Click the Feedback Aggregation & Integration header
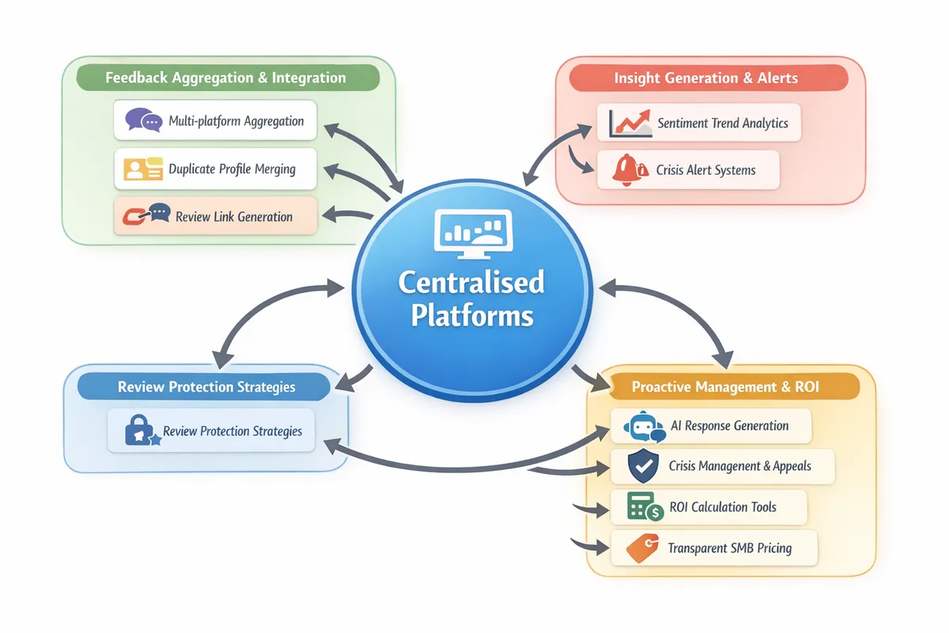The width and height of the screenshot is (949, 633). click(x=227, y=78)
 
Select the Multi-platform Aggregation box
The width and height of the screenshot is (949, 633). click(x=215, y=122)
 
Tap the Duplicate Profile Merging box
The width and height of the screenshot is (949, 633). click(x=215, y=169)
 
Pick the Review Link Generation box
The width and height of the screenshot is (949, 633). click(x=215, y=216)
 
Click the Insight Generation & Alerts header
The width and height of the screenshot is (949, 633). click(x=705, y=78)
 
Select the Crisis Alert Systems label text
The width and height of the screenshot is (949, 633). click(x=705, y=170)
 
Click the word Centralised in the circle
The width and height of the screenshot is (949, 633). click(x=471, y=282)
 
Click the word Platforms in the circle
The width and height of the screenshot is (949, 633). click(x=471, y=316)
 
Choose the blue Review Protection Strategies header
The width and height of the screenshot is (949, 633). click(x=206, y=387)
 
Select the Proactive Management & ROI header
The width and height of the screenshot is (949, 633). click(x=725, y=387)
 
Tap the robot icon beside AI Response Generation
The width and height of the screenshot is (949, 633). click(x=642, y=426)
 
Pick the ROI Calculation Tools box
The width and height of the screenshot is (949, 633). click(x=709, y=507)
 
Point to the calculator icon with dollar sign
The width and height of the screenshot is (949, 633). click(x=644, y=507)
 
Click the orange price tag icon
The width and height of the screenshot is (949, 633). click(x=641, y=548)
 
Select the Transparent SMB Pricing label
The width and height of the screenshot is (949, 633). click(x=729, y=548)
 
